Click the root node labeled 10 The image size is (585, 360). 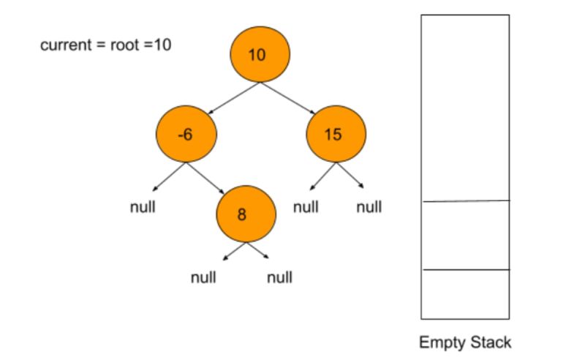260,55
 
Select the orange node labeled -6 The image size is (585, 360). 186,135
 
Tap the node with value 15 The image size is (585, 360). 336,135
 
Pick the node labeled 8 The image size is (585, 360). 246,214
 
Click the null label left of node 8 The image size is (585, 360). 143,207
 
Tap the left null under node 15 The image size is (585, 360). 306,207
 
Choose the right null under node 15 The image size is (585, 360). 369,207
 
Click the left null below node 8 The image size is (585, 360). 203,278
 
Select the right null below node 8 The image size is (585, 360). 279,278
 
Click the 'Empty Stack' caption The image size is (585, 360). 465,342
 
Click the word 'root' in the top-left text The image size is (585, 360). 124,45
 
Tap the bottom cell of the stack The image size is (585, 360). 465,294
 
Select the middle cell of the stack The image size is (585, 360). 465,235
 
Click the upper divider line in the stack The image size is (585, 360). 465,200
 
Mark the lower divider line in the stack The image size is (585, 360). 465,270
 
